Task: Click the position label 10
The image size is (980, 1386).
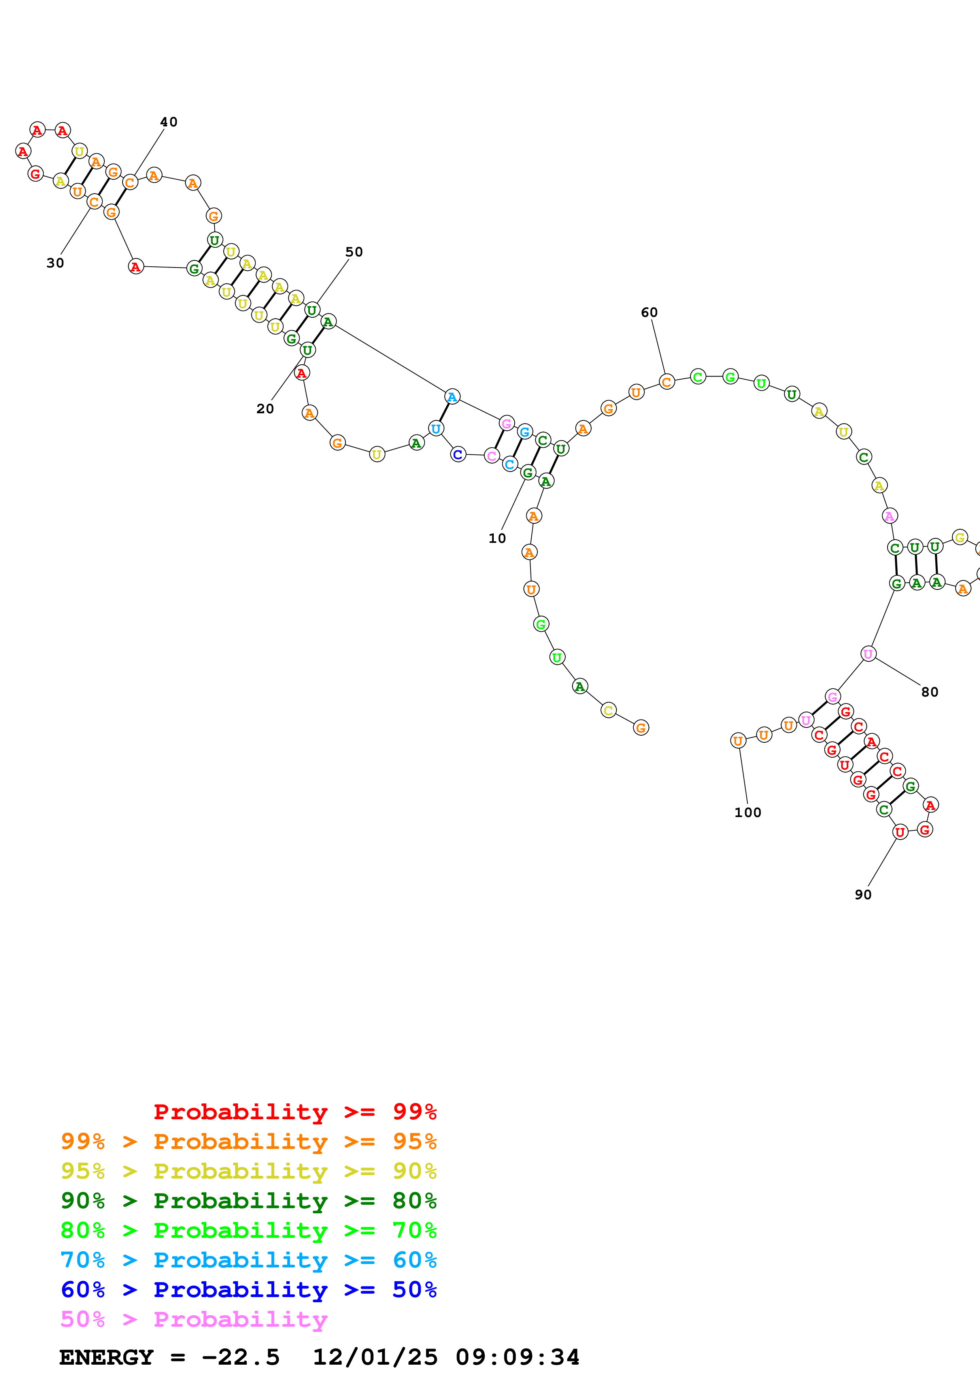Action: click(497, 539)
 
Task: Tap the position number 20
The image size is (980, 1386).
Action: click(265, 409)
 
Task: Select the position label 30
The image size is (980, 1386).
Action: click(55, 263)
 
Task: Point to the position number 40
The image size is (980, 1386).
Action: click(168, 122)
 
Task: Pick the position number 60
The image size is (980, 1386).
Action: click(649, 312)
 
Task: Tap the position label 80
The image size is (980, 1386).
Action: click(929, 692)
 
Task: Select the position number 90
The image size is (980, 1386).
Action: click(863, 894)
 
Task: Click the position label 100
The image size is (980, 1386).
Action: click(748, 813)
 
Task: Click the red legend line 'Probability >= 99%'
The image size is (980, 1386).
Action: click(295, 1111)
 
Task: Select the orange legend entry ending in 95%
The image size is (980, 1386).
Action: click(248, 1141)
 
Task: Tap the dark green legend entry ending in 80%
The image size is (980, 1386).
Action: click(248, 1201)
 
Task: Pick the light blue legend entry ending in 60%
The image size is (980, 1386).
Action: click(248, 1260)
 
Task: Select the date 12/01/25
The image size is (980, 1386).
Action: click(375, 1357)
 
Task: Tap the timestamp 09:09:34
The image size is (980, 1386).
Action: click(517, 1357)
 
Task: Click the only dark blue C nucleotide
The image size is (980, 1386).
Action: click(458, 454)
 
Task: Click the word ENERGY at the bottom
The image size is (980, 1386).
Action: click(106, 1357)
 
